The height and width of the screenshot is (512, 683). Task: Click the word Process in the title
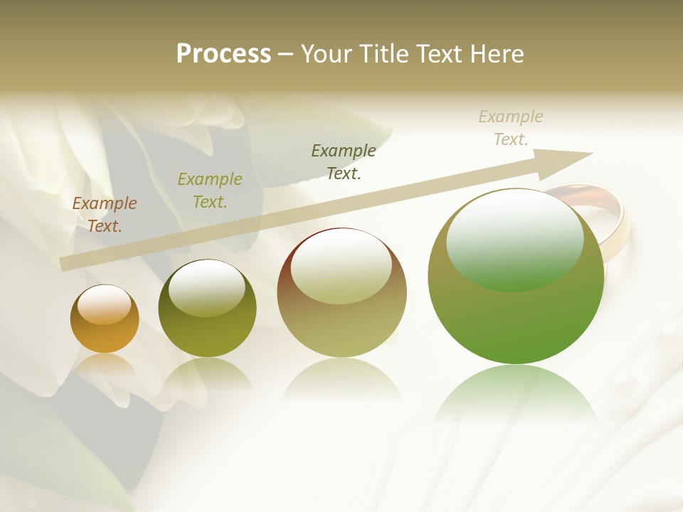(223, 54)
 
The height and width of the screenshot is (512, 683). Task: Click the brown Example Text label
(105, 215)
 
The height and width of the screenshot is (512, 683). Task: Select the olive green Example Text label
(210, 191)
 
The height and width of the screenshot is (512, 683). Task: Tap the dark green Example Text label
(344, 161)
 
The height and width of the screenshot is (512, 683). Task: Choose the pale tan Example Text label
(511, 128)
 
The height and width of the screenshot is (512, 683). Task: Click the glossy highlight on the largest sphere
(514, 240)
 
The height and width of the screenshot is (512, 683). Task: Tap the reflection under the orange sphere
(105, 366)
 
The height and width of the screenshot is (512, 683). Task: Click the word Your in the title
(325, 54)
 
